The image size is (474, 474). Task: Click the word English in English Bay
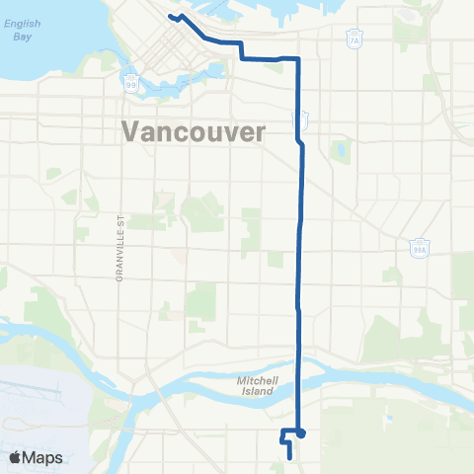(21, 24)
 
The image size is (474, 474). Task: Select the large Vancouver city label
(194, 130)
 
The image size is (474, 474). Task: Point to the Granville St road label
(117, 254)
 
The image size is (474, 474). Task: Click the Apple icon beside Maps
(16, 457)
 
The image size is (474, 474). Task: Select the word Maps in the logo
(42, 458)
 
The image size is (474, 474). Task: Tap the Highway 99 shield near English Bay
(130, 85)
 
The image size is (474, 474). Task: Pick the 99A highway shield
(419, 250)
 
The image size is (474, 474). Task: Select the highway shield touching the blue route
(301, 119)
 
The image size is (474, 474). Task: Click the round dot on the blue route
(300, 433)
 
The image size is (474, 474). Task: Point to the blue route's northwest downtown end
(171, 17)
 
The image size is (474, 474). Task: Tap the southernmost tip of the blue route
(289, 457)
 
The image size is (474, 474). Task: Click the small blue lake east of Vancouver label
(342, 151)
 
